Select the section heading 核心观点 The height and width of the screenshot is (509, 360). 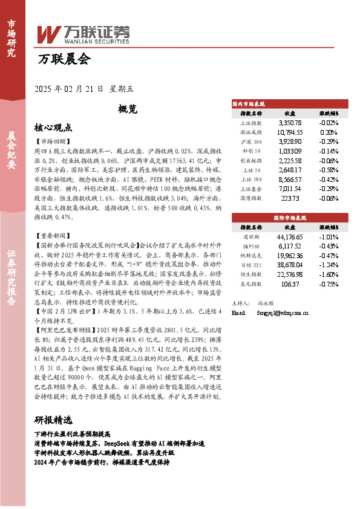[53, 128]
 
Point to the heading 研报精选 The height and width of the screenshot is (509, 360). [53, 420]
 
